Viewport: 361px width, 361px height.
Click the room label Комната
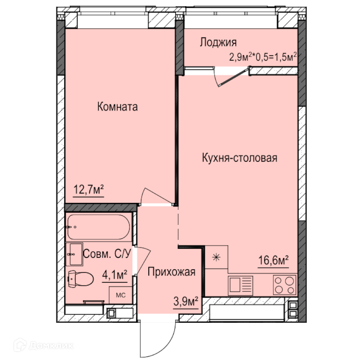pos(117,106)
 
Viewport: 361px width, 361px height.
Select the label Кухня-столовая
pos(239,158)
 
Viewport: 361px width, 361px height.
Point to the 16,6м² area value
pos(273,260)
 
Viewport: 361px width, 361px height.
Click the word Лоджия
pos(218,42)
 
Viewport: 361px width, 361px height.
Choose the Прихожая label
pos(171,272)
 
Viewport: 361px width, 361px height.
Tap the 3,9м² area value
pos(186,301)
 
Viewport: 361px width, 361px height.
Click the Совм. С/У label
pos(107,254)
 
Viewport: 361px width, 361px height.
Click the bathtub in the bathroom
pos(99,227)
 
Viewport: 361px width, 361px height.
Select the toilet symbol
pos(81,279)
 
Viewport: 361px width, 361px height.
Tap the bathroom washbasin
pos(74,254)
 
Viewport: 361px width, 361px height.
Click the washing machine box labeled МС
pos(121,295)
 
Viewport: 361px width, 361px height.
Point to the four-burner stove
pos(285,285)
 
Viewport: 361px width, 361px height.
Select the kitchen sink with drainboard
pos(240,286)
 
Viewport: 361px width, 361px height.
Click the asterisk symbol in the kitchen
pos(216,257)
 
